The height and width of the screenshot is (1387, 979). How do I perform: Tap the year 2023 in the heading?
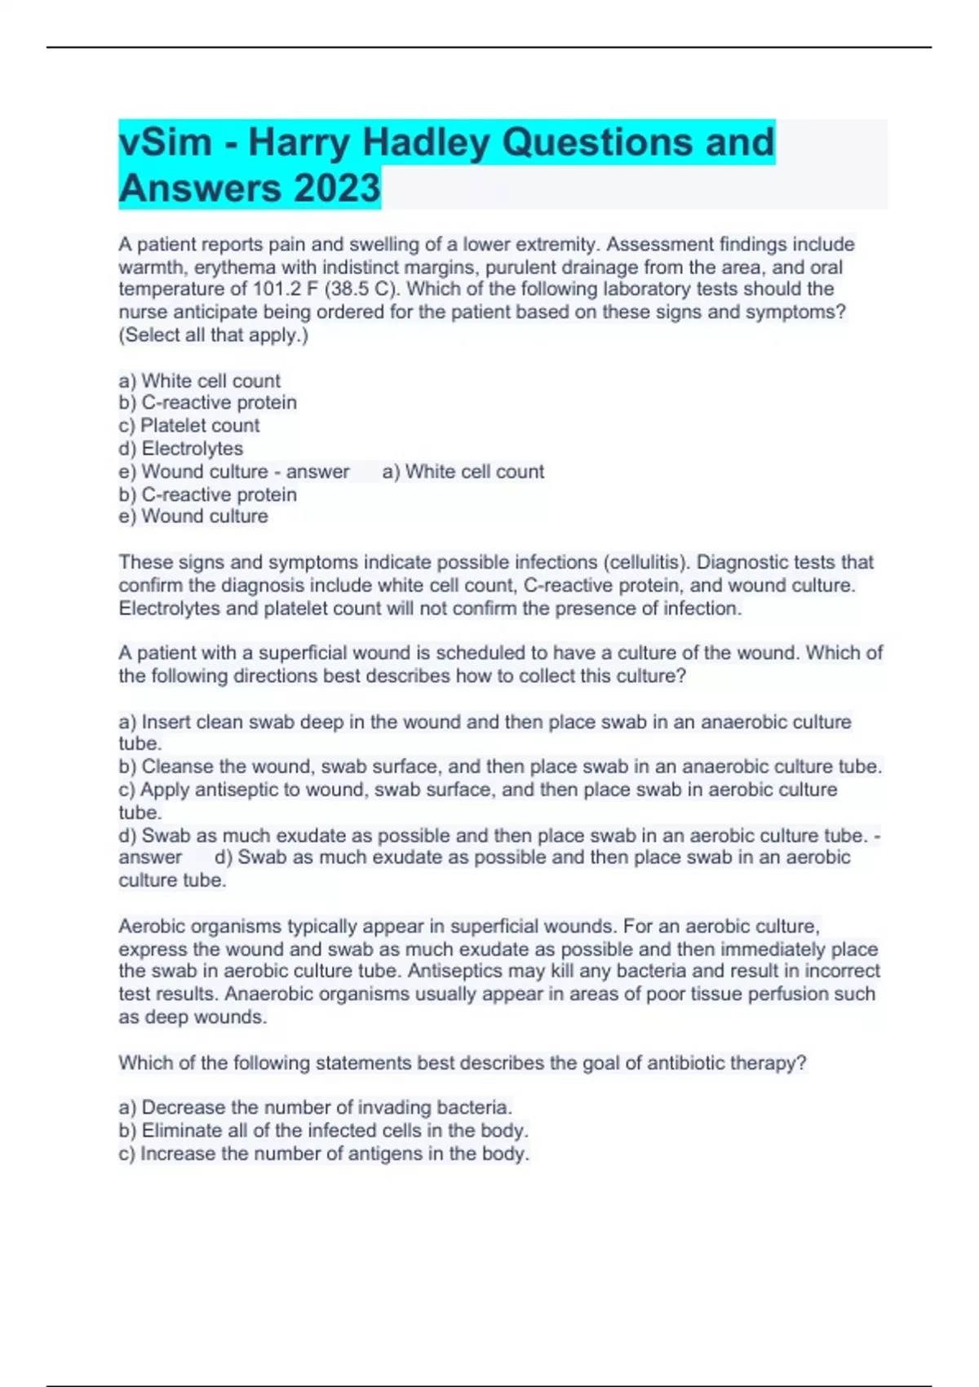click(x=337, y=188)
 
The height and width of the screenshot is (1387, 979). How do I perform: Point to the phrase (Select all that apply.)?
click(x=214, y=335)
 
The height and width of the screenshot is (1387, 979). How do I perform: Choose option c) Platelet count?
click(x=189, y=425)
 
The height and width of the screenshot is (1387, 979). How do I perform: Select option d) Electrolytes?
click(x=181, y=448)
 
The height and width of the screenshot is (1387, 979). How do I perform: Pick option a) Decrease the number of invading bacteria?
click(x=316, y=1107)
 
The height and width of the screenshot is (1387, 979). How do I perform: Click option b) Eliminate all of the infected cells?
click(x=324, y=1130)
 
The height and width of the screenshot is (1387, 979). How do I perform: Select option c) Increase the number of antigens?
click(x=324, y=1153)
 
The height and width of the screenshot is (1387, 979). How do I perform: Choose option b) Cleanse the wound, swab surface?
click(x=500, y=766)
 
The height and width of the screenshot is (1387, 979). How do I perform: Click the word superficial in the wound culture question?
click(x=339, y=653)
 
